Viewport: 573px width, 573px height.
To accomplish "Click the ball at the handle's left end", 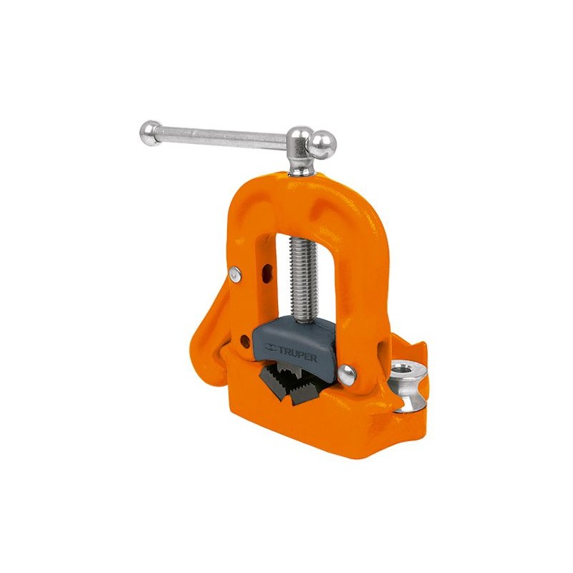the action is tap(150, 133).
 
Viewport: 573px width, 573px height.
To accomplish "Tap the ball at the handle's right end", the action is tap(322, 145).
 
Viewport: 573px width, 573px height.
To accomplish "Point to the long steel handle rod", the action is tap(223, 138).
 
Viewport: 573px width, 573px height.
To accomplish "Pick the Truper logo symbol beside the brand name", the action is tap(271, 347).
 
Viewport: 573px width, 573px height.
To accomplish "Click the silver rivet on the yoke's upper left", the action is tap(236, 274).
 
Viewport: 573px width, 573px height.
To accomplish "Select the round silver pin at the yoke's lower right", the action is tap(347, 375).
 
